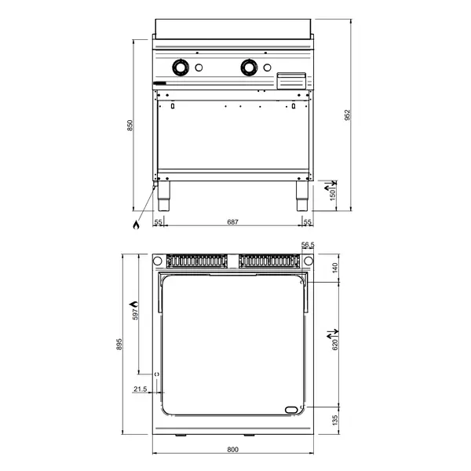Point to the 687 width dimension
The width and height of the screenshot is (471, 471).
coord(233,223)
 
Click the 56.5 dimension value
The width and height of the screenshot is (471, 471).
coord(308,246)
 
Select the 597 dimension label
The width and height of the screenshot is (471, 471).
coord(134,314)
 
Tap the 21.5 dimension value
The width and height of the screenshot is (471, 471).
coord(141,389)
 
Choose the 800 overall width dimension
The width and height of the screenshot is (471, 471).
coord(232,449)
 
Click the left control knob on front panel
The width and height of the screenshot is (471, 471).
coord(181,68)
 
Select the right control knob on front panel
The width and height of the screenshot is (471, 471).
coord(250,68)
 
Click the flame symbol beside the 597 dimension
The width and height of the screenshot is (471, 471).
coord(134,301)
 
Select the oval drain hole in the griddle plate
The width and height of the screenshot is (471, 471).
coord(292,408)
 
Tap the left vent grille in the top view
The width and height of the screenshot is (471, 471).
coord(195,261)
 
